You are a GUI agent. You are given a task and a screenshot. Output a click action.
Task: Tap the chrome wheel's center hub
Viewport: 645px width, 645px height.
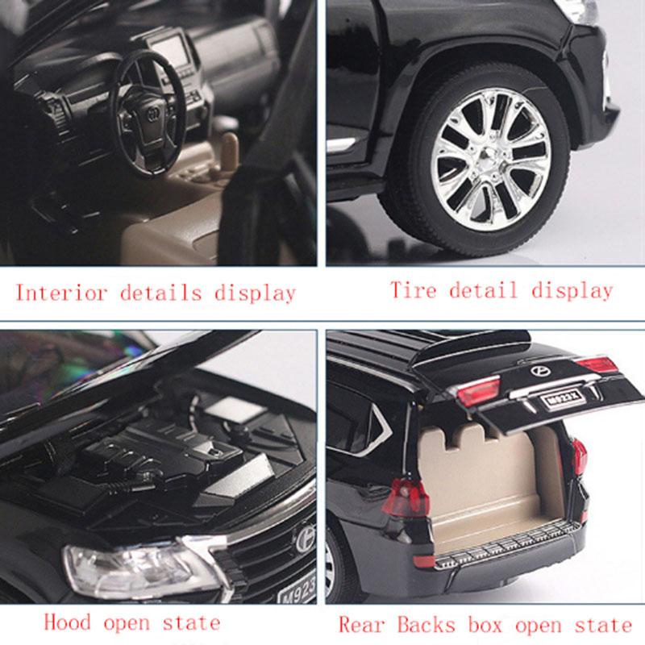[x=490, y=159]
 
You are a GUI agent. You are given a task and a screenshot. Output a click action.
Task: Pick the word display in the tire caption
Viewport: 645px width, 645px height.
[x=572, y=289]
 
